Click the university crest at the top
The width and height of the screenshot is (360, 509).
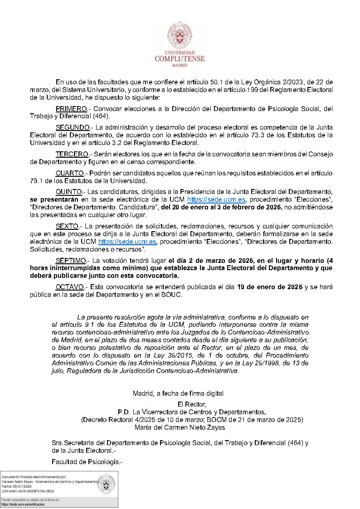(180, 36)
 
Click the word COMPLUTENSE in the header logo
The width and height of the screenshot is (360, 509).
(180, 58)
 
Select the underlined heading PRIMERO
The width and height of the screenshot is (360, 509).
(71, 109)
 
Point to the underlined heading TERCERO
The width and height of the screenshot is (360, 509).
(72, 154)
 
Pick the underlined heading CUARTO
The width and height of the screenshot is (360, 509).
(70, 173)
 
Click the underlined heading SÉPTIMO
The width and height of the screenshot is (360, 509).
(71, 261)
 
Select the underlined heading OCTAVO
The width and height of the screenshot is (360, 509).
(70, 287)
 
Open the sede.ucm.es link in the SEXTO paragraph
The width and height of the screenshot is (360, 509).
(127, 242)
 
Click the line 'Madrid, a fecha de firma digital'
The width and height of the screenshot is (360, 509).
(178, 393)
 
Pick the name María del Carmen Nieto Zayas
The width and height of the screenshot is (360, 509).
(180, 427)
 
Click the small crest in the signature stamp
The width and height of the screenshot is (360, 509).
(107, 484)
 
